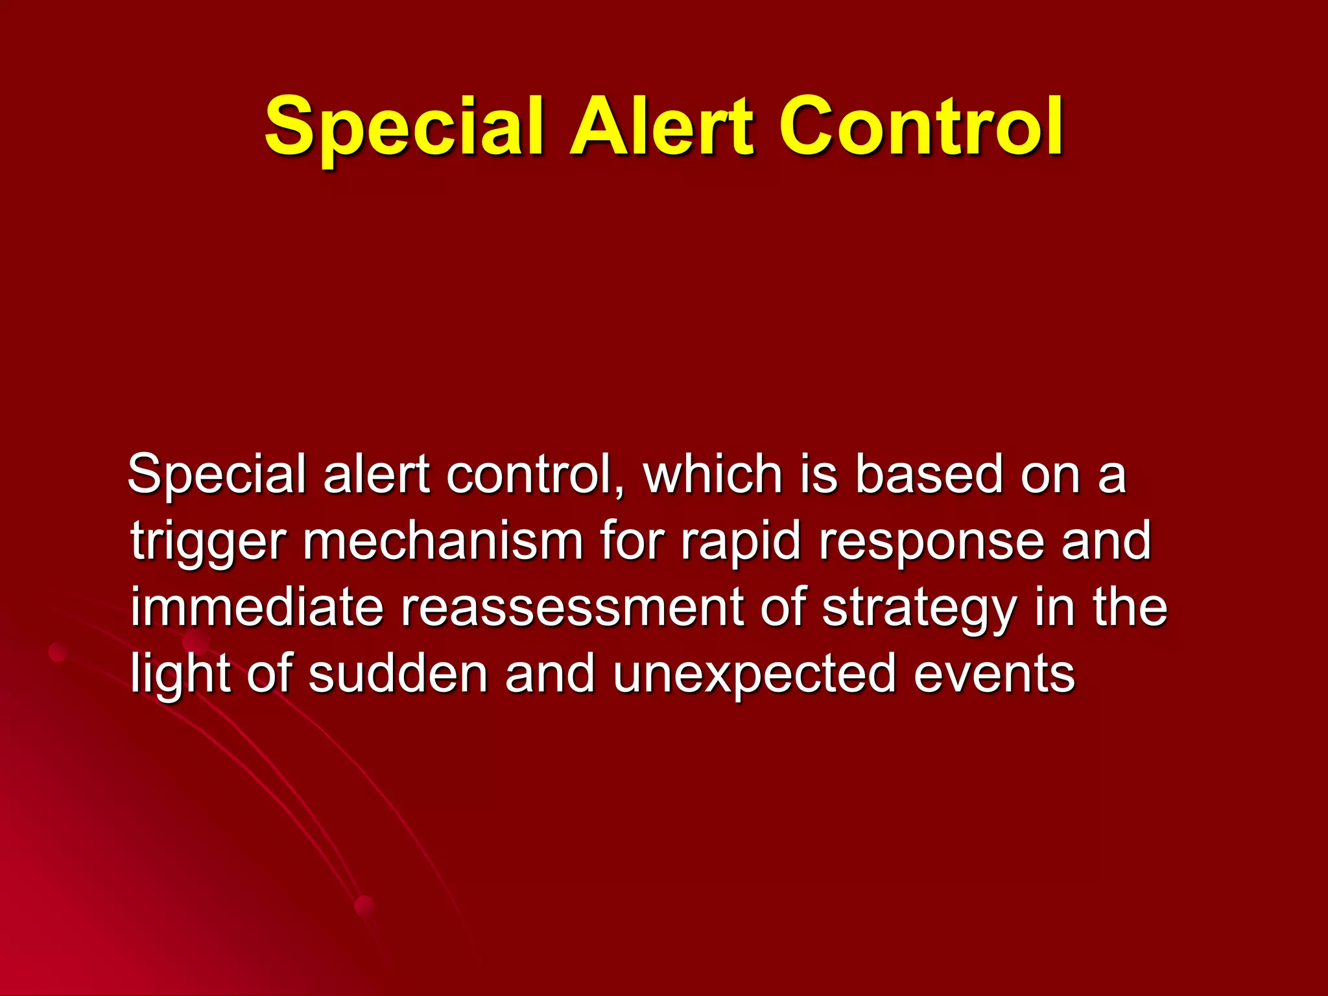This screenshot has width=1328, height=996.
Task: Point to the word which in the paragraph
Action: (x=712, y=475)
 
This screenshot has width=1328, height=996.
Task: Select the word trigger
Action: (x=207, y=543)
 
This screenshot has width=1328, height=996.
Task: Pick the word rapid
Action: (x=741, y=543)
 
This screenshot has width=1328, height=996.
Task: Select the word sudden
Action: (x=397, y=674)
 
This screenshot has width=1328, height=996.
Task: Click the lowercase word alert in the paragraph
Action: (x=376, y=475)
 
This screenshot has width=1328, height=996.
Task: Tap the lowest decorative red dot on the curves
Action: (x=365, y=906)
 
